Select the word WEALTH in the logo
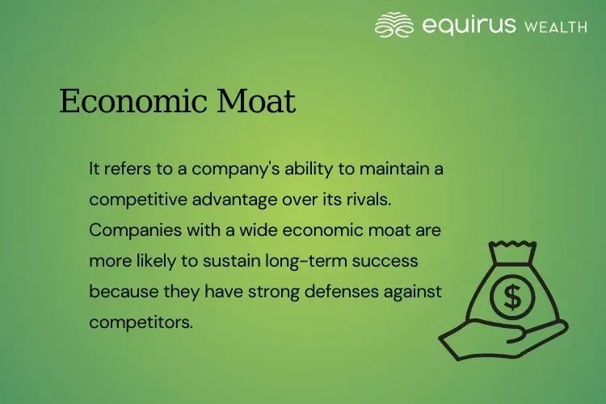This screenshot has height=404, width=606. click(x=556, y=27)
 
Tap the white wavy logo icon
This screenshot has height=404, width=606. click(x=395, y=25)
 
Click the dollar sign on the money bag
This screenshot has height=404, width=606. click(x=512, y=297)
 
